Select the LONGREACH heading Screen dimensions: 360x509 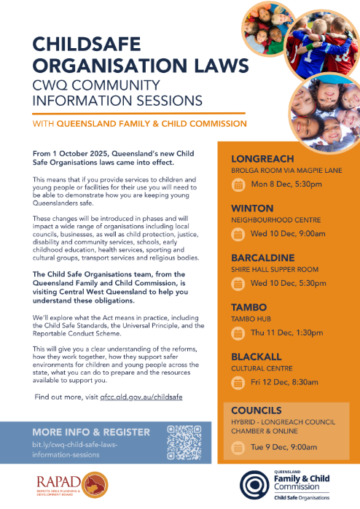tap(262, 159)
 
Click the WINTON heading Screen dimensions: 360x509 tap(253, 209)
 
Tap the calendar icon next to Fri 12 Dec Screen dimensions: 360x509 tap(238, 383)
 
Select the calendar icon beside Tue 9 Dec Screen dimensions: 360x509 tap(238, 446)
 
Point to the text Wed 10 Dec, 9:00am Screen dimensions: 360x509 tap(287, 234)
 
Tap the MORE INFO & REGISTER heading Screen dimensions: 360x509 tap(91, 432)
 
